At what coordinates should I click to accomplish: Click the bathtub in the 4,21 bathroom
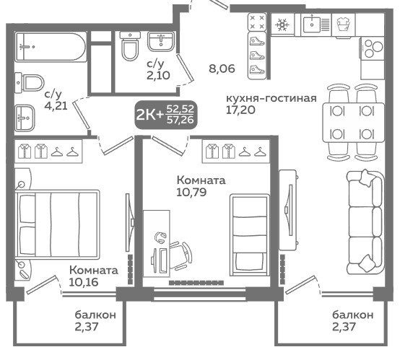51,47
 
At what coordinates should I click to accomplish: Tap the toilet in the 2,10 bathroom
130,46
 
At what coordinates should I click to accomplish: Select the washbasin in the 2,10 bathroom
161,41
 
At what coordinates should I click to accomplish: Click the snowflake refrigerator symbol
282,25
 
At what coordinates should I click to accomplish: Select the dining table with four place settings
354,123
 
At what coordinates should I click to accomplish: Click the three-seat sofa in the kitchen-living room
366,221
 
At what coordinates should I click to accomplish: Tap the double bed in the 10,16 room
57,224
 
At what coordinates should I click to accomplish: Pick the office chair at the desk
181,255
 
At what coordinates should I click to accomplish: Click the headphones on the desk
160,237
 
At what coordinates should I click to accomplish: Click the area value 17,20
240,110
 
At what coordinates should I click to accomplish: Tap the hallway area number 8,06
222,69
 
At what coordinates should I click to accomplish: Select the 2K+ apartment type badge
166,114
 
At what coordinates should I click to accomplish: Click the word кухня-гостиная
271,98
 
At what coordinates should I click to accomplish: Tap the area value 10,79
191,192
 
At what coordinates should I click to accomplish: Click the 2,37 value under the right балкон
344,326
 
